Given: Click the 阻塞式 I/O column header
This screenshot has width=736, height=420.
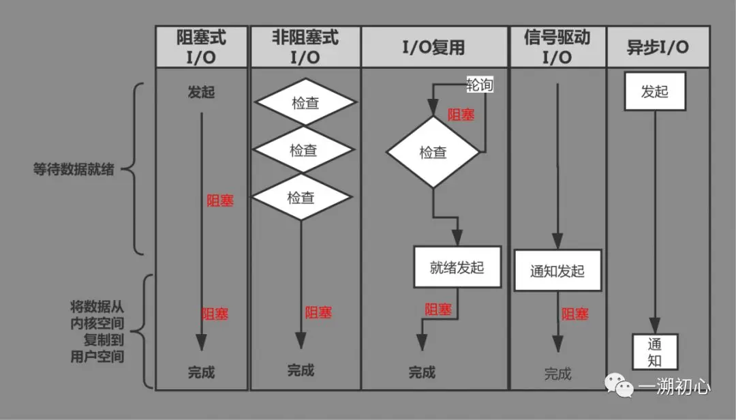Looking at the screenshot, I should tap(201, 46).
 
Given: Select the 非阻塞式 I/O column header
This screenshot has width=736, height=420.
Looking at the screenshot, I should tap(305, 46).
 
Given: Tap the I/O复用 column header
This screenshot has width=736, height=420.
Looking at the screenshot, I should tap(435, 46).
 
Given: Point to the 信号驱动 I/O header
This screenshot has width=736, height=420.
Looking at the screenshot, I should tap(557, 46).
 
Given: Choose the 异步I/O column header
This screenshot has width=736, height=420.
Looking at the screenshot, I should tap(658, 46).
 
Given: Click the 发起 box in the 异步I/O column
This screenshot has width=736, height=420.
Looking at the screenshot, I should tap(655, 92).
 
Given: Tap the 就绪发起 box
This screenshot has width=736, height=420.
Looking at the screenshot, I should tap(457, 267).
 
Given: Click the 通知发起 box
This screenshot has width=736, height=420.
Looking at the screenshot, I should tap(557, 271).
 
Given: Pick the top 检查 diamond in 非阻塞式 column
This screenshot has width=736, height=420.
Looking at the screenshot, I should tap(305, 103).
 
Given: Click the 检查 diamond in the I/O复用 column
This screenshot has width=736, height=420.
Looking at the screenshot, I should tap(433, 152).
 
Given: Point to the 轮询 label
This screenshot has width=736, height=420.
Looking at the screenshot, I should tap(480, 85).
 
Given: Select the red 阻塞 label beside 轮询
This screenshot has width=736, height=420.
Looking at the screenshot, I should tap(461, 115).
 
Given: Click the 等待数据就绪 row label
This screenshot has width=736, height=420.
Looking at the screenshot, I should tap(74, 169).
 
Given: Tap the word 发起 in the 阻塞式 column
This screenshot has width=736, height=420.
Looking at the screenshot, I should tap(201, 92).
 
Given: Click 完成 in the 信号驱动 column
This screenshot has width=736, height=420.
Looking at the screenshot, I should tap(557, 374).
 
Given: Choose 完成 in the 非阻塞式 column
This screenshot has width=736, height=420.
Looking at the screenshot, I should tap(301, 370).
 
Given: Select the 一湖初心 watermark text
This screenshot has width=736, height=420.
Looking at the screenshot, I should tap(675, 387).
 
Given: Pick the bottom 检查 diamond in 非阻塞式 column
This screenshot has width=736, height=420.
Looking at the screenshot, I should tap(301, 198).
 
